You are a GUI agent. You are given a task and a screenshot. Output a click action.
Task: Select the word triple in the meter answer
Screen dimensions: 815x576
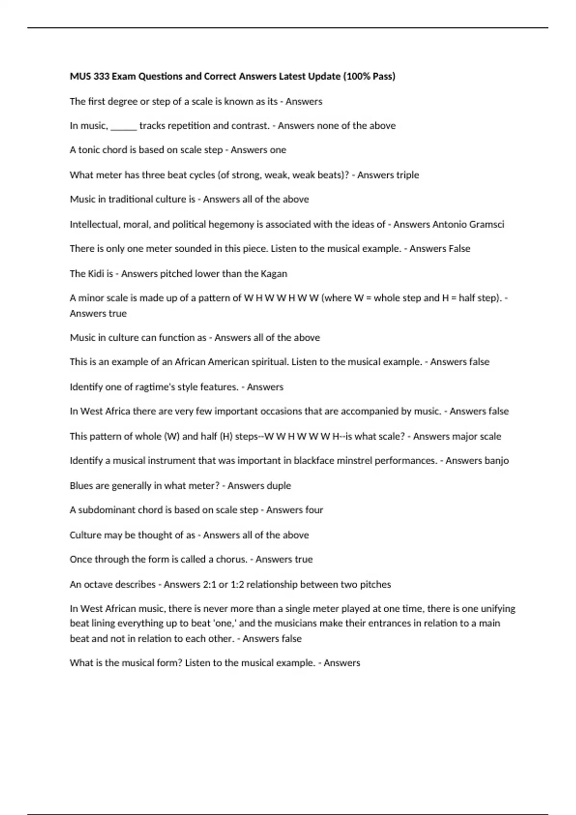click(x=408, y=175)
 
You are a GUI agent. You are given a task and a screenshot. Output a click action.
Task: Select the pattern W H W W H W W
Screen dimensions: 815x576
click(x=282, y=298)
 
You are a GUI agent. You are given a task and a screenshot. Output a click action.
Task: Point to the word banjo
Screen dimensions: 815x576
click(x=497, y=461)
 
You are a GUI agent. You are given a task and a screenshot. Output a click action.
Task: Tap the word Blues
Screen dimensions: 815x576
click(x=81, y=486)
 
